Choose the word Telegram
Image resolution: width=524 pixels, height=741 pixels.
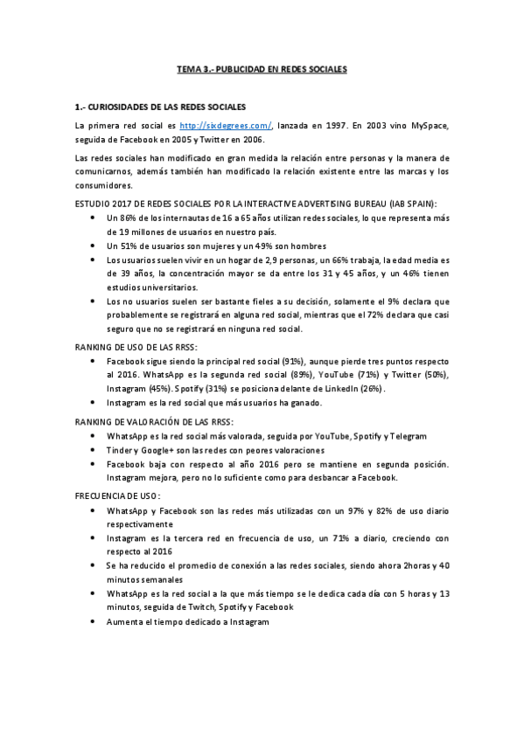406,436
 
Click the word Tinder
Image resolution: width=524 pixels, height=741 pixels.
121,450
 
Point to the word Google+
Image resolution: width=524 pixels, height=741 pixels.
156,450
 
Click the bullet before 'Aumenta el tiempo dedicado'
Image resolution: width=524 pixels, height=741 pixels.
94,621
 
